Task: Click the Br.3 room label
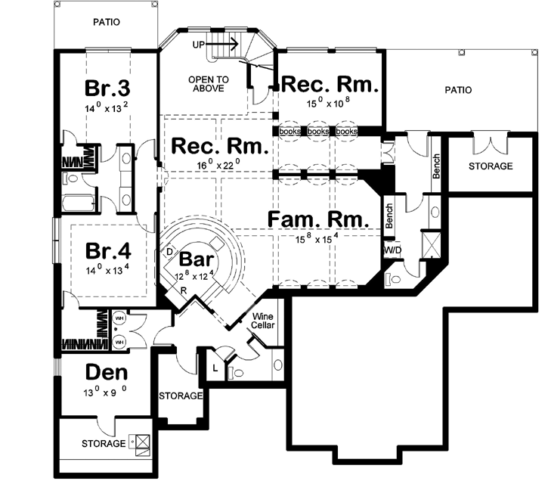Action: click(106, 89)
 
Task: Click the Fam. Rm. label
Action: click(318, 220)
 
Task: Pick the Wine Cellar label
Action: click(264, 322)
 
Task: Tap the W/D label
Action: click(392, 250)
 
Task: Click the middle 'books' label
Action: click(318, 132)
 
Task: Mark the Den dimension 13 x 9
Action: click(105, 393)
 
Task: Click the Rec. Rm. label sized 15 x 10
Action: click(329, 84)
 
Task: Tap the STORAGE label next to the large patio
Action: click(490, 166)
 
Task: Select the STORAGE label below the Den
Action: click(103, 443)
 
